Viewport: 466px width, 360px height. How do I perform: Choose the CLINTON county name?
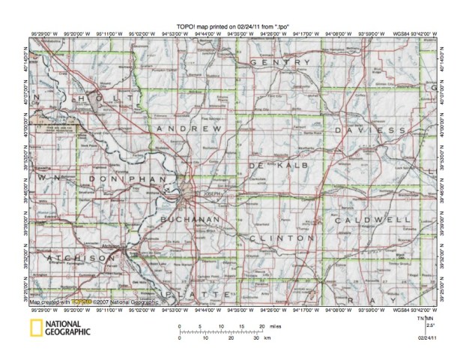click(x=281, y=238)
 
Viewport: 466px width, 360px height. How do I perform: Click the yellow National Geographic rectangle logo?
click(x=35, y=328)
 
